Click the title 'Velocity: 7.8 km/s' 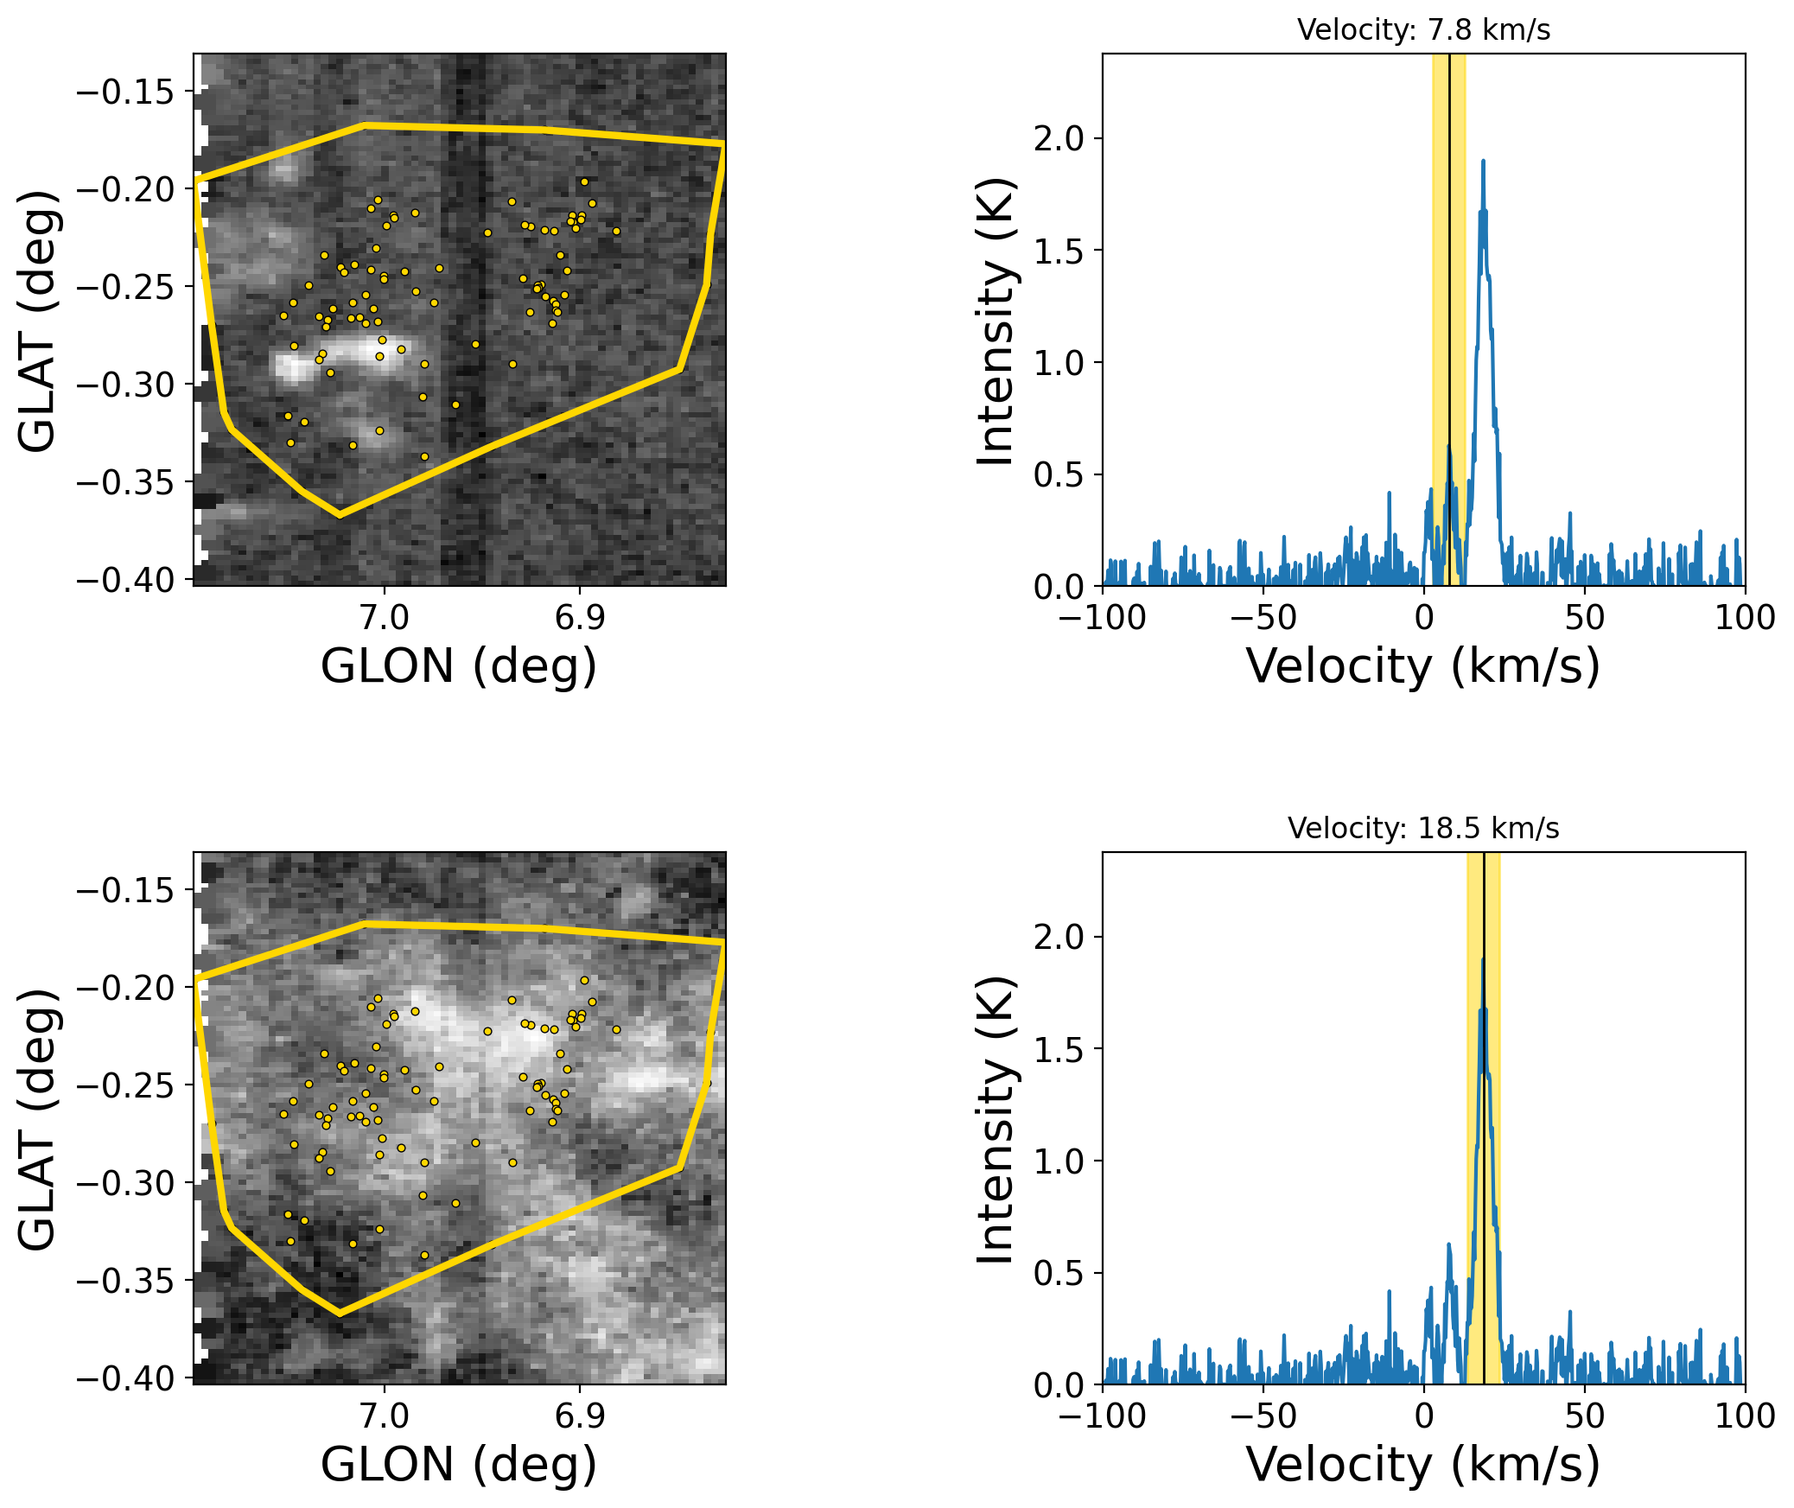(x=1423, y=30)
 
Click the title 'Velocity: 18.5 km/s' (x=1423, y=829)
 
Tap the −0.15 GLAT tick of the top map (x=126, y=92)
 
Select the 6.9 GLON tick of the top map (x=580, y=618)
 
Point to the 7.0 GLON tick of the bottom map (x=385, y=1416)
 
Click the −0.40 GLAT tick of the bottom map (x=126, y=1378)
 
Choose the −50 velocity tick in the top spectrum (x=1263, y=618)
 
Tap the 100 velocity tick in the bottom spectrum (x=1745, y=1416)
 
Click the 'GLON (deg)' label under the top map (x=459, y=666)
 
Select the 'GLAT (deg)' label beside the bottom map (x=37, y=1119)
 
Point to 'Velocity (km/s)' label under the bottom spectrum (x=1423, y=1465)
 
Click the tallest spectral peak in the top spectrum (x=1483, y=162)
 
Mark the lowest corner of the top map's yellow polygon (x=340, y=516)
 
